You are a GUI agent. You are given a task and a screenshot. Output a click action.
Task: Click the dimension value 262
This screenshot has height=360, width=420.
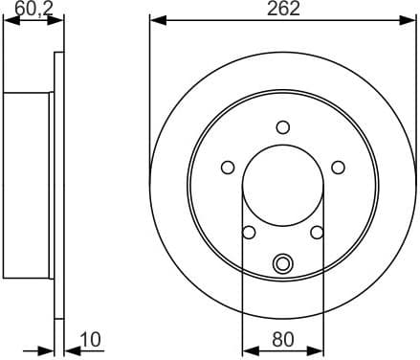[x=283, y=10]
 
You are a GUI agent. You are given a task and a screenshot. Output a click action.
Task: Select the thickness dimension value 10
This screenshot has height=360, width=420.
[x=92, y=338]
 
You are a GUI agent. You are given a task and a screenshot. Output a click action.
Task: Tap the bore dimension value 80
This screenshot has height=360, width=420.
[x=283, y=338]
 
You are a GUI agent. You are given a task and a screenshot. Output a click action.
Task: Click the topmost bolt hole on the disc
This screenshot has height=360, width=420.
[x=283, y=126]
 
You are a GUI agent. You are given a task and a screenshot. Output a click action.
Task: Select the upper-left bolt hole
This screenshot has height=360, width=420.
[x=228, y=168]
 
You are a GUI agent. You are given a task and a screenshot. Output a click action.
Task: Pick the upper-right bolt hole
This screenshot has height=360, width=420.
[x=338, y=168]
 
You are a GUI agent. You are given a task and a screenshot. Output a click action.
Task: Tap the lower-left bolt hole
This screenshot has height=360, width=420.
[x=249, y=232]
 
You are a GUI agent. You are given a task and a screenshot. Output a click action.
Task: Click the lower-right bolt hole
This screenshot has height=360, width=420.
[x=318, y=232]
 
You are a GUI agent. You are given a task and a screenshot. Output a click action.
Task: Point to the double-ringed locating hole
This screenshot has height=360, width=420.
[x=283, y=263]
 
